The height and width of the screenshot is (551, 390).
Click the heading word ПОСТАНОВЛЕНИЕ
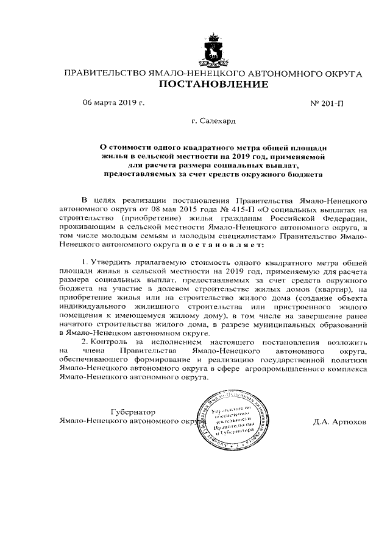[x=213, y=85]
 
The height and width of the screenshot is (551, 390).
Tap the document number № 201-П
[x=327, y=103]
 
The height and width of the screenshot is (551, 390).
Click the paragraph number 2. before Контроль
[x=85, y=343]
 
